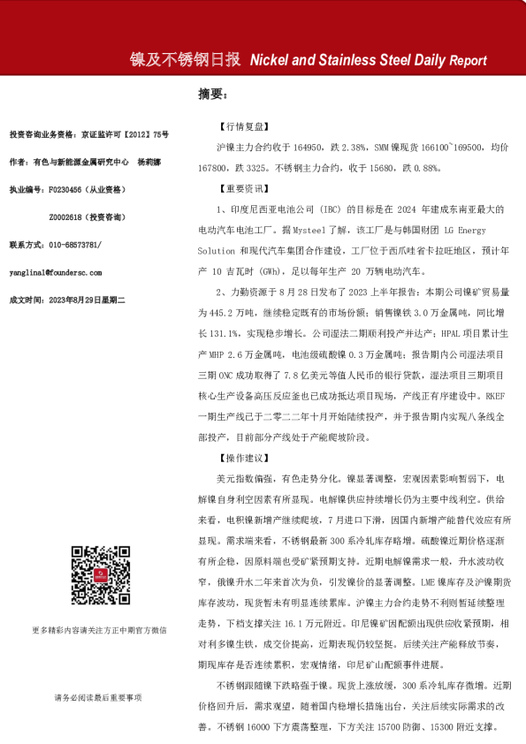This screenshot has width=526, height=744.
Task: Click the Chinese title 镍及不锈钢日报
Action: tap(185, 60)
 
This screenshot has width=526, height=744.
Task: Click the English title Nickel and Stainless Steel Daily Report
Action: tap(369, 61)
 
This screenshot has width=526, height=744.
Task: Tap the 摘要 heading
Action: tap(212, 95)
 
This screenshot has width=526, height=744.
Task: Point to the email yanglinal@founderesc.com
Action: tap(55, 272)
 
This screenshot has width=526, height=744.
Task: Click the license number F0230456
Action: tap(68, 190)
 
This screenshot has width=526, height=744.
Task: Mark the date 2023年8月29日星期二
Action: tap(88, 300)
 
